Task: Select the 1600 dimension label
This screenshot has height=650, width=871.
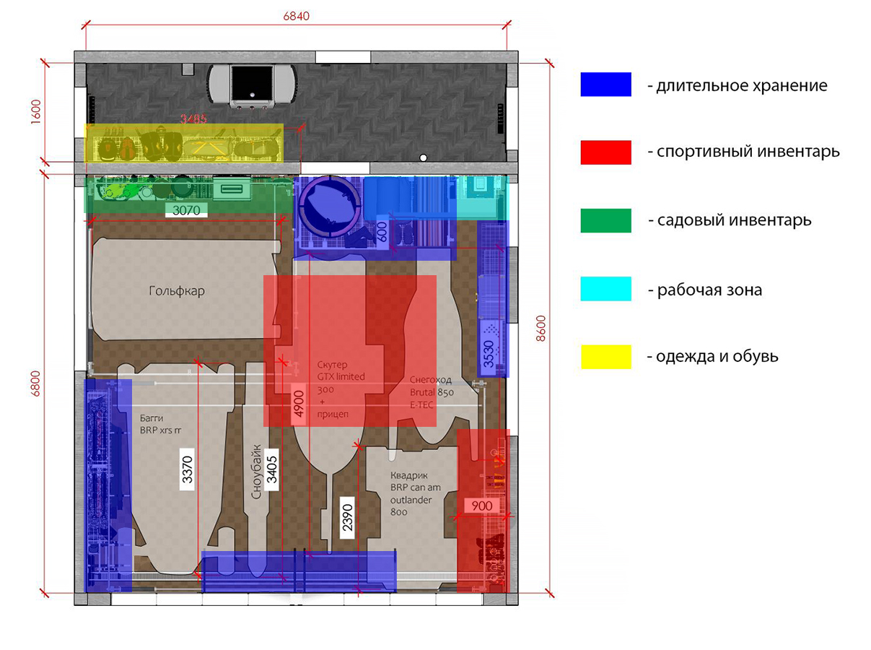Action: click(37, 111)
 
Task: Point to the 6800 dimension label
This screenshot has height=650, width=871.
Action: click(37, 394)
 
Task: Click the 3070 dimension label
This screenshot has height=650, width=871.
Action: click(186, 210)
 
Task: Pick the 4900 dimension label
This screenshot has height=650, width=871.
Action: click(297, 404)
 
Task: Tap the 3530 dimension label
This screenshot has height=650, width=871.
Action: click(489, 354)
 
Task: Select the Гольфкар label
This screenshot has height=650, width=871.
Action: click(177, 291)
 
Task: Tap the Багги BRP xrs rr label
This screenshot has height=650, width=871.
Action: click(160, 423)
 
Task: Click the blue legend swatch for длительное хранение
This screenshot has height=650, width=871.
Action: click(605, 84)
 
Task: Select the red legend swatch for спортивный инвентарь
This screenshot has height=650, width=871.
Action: click(605, 152)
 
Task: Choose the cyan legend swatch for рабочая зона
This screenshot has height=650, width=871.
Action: click(605, 289)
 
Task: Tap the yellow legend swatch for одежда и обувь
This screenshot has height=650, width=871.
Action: click(605, 357)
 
